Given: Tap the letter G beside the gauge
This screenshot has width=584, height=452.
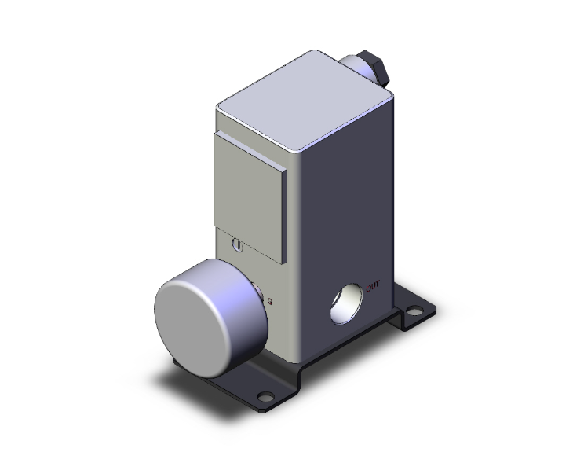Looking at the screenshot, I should (271, 302).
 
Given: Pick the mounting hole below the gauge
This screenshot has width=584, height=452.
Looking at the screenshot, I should (268, 396).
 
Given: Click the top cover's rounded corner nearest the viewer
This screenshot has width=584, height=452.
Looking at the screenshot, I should (294, 149).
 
